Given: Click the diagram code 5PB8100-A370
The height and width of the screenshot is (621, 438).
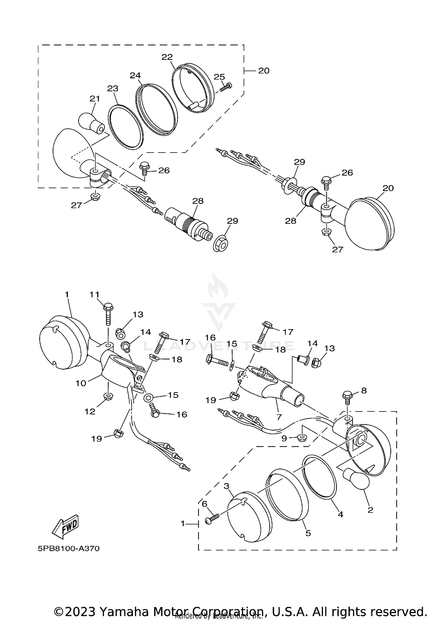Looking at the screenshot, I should (x=69, y=549).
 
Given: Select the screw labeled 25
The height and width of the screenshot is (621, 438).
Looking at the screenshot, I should (x=225, y=87).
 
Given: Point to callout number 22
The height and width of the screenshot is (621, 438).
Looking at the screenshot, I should (x=167, y=57).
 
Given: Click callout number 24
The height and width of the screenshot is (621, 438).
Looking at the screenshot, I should (x=135, y=75).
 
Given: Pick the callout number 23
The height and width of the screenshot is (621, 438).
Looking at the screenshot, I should (x=113, y=88).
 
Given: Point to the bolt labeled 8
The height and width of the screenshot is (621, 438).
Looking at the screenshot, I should (x=347, y=395).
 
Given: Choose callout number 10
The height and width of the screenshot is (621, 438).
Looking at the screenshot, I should (x=81, y=383).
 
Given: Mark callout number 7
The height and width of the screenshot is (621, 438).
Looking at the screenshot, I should (x=279, y=417).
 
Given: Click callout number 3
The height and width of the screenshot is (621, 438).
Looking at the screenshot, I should (x=226, y=486).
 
